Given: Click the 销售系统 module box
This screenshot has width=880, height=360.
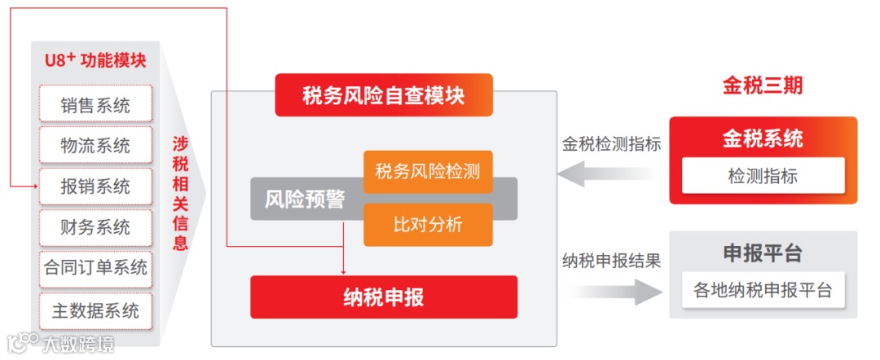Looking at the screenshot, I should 95,105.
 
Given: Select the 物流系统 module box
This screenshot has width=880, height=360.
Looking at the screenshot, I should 95,146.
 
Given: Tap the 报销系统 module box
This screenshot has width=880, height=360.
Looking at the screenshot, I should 95,187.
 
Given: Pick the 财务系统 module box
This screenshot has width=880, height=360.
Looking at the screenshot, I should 95,227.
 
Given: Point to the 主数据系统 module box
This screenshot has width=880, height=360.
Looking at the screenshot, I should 95,310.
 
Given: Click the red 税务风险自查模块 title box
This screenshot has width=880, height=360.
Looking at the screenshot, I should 384,94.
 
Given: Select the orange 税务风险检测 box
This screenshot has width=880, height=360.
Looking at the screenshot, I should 428,172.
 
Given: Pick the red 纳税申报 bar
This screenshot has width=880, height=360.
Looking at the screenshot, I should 384,296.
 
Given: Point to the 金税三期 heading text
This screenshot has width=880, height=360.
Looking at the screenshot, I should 763,86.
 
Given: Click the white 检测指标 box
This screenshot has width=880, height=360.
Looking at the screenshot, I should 763,175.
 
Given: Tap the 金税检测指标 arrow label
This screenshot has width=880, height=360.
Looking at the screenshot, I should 611,145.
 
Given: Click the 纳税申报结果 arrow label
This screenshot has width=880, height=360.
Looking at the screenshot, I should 611,261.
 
